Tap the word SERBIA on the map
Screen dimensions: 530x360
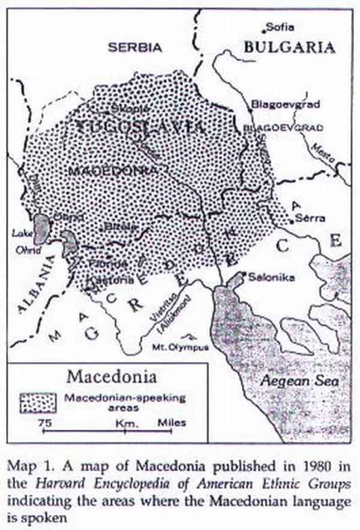136,46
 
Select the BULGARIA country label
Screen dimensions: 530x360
289,47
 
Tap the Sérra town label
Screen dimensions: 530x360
311,219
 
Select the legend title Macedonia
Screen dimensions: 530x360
112,378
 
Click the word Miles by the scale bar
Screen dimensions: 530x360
172,423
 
